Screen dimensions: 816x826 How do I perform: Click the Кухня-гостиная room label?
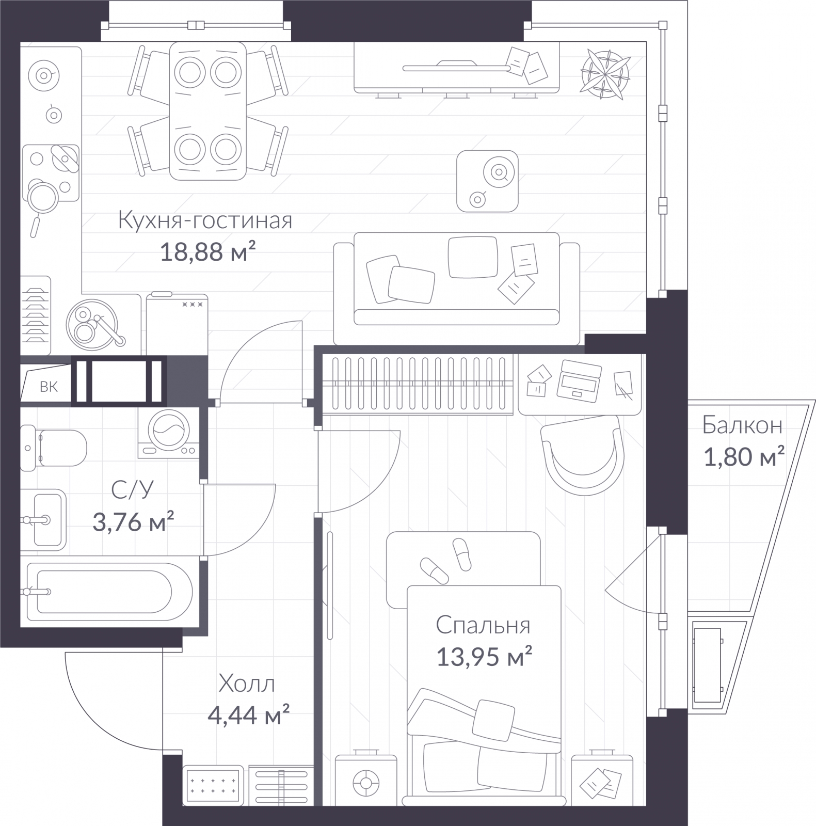[x=205, y=220]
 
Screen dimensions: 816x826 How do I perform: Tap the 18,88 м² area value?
[x=208, y=252]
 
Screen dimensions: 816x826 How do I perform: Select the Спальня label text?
[x=483, y=626]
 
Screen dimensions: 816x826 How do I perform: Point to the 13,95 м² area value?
[x=484, y=657]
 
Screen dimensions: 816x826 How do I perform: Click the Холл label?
[x=247, y=684]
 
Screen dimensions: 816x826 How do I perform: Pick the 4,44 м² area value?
[x=248, y=716]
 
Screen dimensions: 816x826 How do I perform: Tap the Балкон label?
[x=742, y=425]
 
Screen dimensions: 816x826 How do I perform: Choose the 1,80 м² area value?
[x=744, y=457]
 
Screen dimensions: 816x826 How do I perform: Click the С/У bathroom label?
[x=133, y=490]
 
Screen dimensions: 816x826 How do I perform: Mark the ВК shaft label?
[x=49, y=387]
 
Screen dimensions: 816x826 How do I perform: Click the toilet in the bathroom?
[x=53, y=448]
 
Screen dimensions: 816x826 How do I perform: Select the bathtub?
[x=109, y=592]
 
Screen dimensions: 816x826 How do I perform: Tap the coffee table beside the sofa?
[x=487, y=181]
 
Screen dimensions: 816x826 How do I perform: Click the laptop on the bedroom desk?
[x=579, y=379]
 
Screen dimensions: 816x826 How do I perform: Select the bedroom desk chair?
[x=581, y=456]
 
